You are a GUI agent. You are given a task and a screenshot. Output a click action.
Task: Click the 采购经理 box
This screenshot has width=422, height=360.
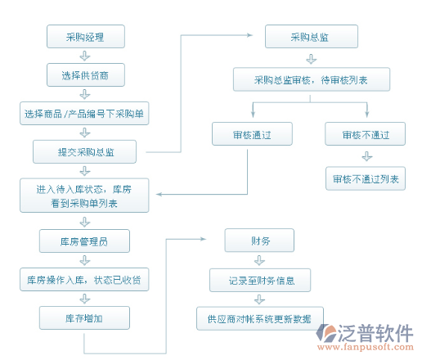tap(86, 37)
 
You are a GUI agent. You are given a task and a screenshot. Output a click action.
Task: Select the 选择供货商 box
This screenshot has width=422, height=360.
tap(86, 75)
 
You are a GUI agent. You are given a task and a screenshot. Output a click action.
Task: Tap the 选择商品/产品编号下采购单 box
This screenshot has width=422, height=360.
tap(84, 114)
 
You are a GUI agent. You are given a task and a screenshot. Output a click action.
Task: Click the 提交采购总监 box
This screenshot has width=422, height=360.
tap(84, 152)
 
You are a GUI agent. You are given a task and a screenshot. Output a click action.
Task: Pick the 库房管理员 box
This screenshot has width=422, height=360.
tap(84, 241)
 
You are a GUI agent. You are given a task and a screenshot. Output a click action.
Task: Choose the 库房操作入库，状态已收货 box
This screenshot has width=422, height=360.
tap(84, 280)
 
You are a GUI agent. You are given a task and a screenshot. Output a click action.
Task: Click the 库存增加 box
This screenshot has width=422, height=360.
tap(84, 318)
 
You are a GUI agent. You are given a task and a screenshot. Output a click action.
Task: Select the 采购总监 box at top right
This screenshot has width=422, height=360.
tap(312, 37)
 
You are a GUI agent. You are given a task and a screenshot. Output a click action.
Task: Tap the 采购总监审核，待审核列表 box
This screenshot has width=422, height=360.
tap(312, 79)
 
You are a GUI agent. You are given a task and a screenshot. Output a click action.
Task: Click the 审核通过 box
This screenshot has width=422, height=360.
tap(252, 134)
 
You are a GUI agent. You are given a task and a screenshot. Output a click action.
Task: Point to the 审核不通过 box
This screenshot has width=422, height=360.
tap(365, 134)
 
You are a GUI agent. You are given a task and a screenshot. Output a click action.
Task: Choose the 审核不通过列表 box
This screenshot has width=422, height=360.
tap(366, 178)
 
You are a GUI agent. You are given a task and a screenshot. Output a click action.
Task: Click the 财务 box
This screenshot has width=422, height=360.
tap(259, 241)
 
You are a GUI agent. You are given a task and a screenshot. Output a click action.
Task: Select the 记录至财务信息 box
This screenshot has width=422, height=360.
tap(260, 281)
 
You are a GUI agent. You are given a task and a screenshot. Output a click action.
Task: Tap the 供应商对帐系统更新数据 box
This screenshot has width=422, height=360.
tap(260, 318)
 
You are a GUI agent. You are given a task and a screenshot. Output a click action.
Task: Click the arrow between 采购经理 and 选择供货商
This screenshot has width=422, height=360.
tap(85, 56)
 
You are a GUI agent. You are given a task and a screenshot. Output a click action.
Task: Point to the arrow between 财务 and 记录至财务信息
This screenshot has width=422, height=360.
tap(259, 260)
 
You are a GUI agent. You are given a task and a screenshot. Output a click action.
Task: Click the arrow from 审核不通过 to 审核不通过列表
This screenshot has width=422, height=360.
tap(367, 156)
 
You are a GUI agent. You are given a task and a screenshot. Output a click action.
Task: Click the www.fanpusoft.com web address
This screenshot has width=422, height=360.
tap(366, 347)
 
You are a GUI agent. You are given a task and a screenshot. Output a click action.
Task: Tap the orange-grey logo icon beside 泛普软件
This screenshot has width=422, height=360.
tap(326, 333)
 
